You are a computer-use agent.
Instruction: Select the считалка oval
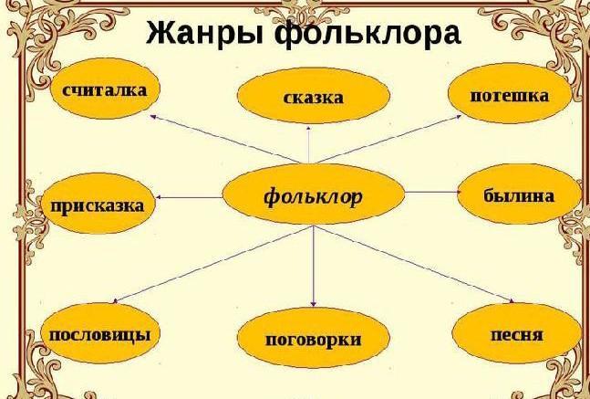coord(105,89)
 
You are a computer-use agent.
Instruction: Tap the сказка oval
coord(313,97)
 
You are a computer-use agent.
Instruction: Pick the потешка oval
coord(510,93)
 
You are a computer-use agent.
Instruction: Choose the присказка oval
coord(98,205)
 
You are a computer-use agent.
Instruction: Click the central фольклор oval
coord(313,194)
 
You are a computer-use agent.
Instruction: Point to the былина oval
coord(519,194)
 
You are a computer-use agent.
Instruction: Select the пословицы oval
coord(100,333)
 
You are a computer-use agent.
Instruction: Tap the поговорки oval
coord(313,339)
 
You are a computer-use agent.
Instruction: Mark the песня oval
coord(517,334)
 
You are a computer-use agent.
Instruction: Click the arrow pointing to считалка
coord(225,140)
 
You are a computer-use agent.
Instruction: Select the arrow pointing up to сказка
coord(308,144)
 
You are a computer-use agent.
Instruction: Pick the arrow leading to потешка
coord(389,139)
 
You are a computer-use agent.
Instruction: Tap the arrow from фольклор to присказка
coord(190,197)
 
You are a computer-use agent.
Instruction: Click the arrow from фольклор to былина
coord(433,192)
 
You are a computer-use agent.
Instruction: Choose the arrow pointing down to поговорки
coord(314,266)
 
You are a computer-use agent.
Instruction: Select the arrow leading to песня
coord(413,264)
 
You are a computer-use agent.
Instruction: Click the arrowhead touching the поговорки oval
coord(314,304)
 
